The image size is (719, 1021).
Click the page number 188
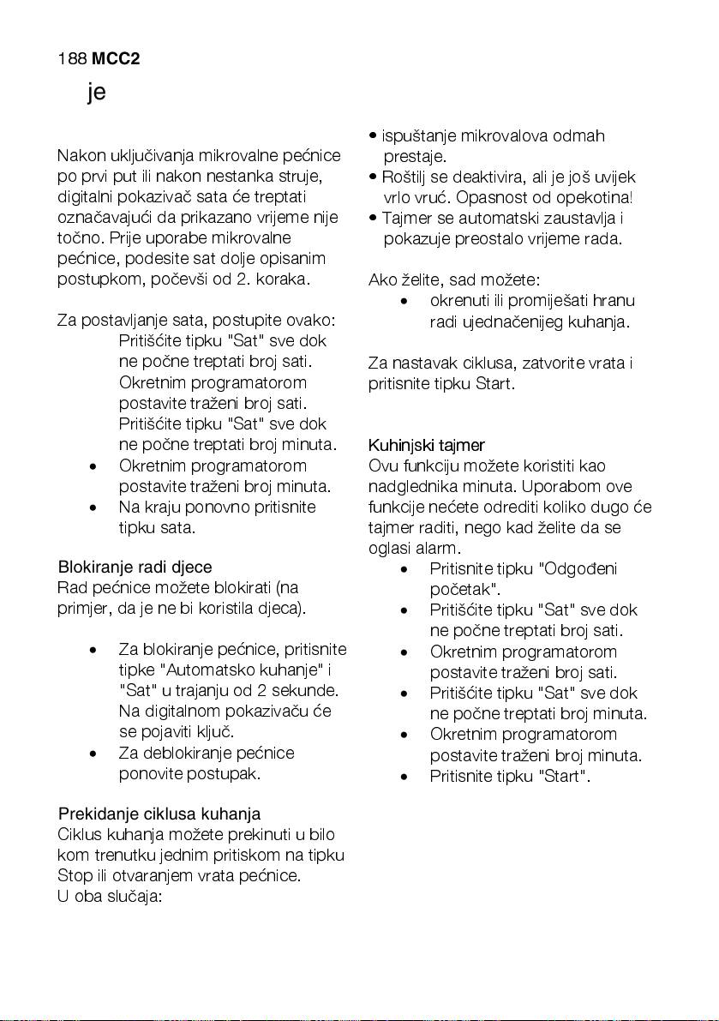tap(71, 59)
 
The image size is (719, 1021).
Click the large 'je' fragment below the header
tap(96, 93)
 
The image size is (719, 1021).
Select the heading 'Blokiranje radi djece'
tap(135, 568)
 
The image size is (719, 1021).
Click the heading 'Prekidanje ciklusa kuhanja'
tap(159, 814)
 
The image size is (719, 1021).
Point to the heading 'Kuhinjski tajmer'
tap(426, 445)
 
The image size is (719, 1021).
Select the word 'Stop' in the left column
tap(74, 876)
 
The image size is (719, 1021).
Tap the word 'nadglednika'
tap(410, 487)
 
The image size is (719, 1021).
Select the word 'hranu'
tap(614, 301)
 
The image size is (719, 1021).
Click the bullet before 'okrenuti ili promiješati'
tap(403, 302)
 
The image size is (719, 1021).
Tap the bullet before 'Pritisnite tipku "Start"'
tap(403, 777)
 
